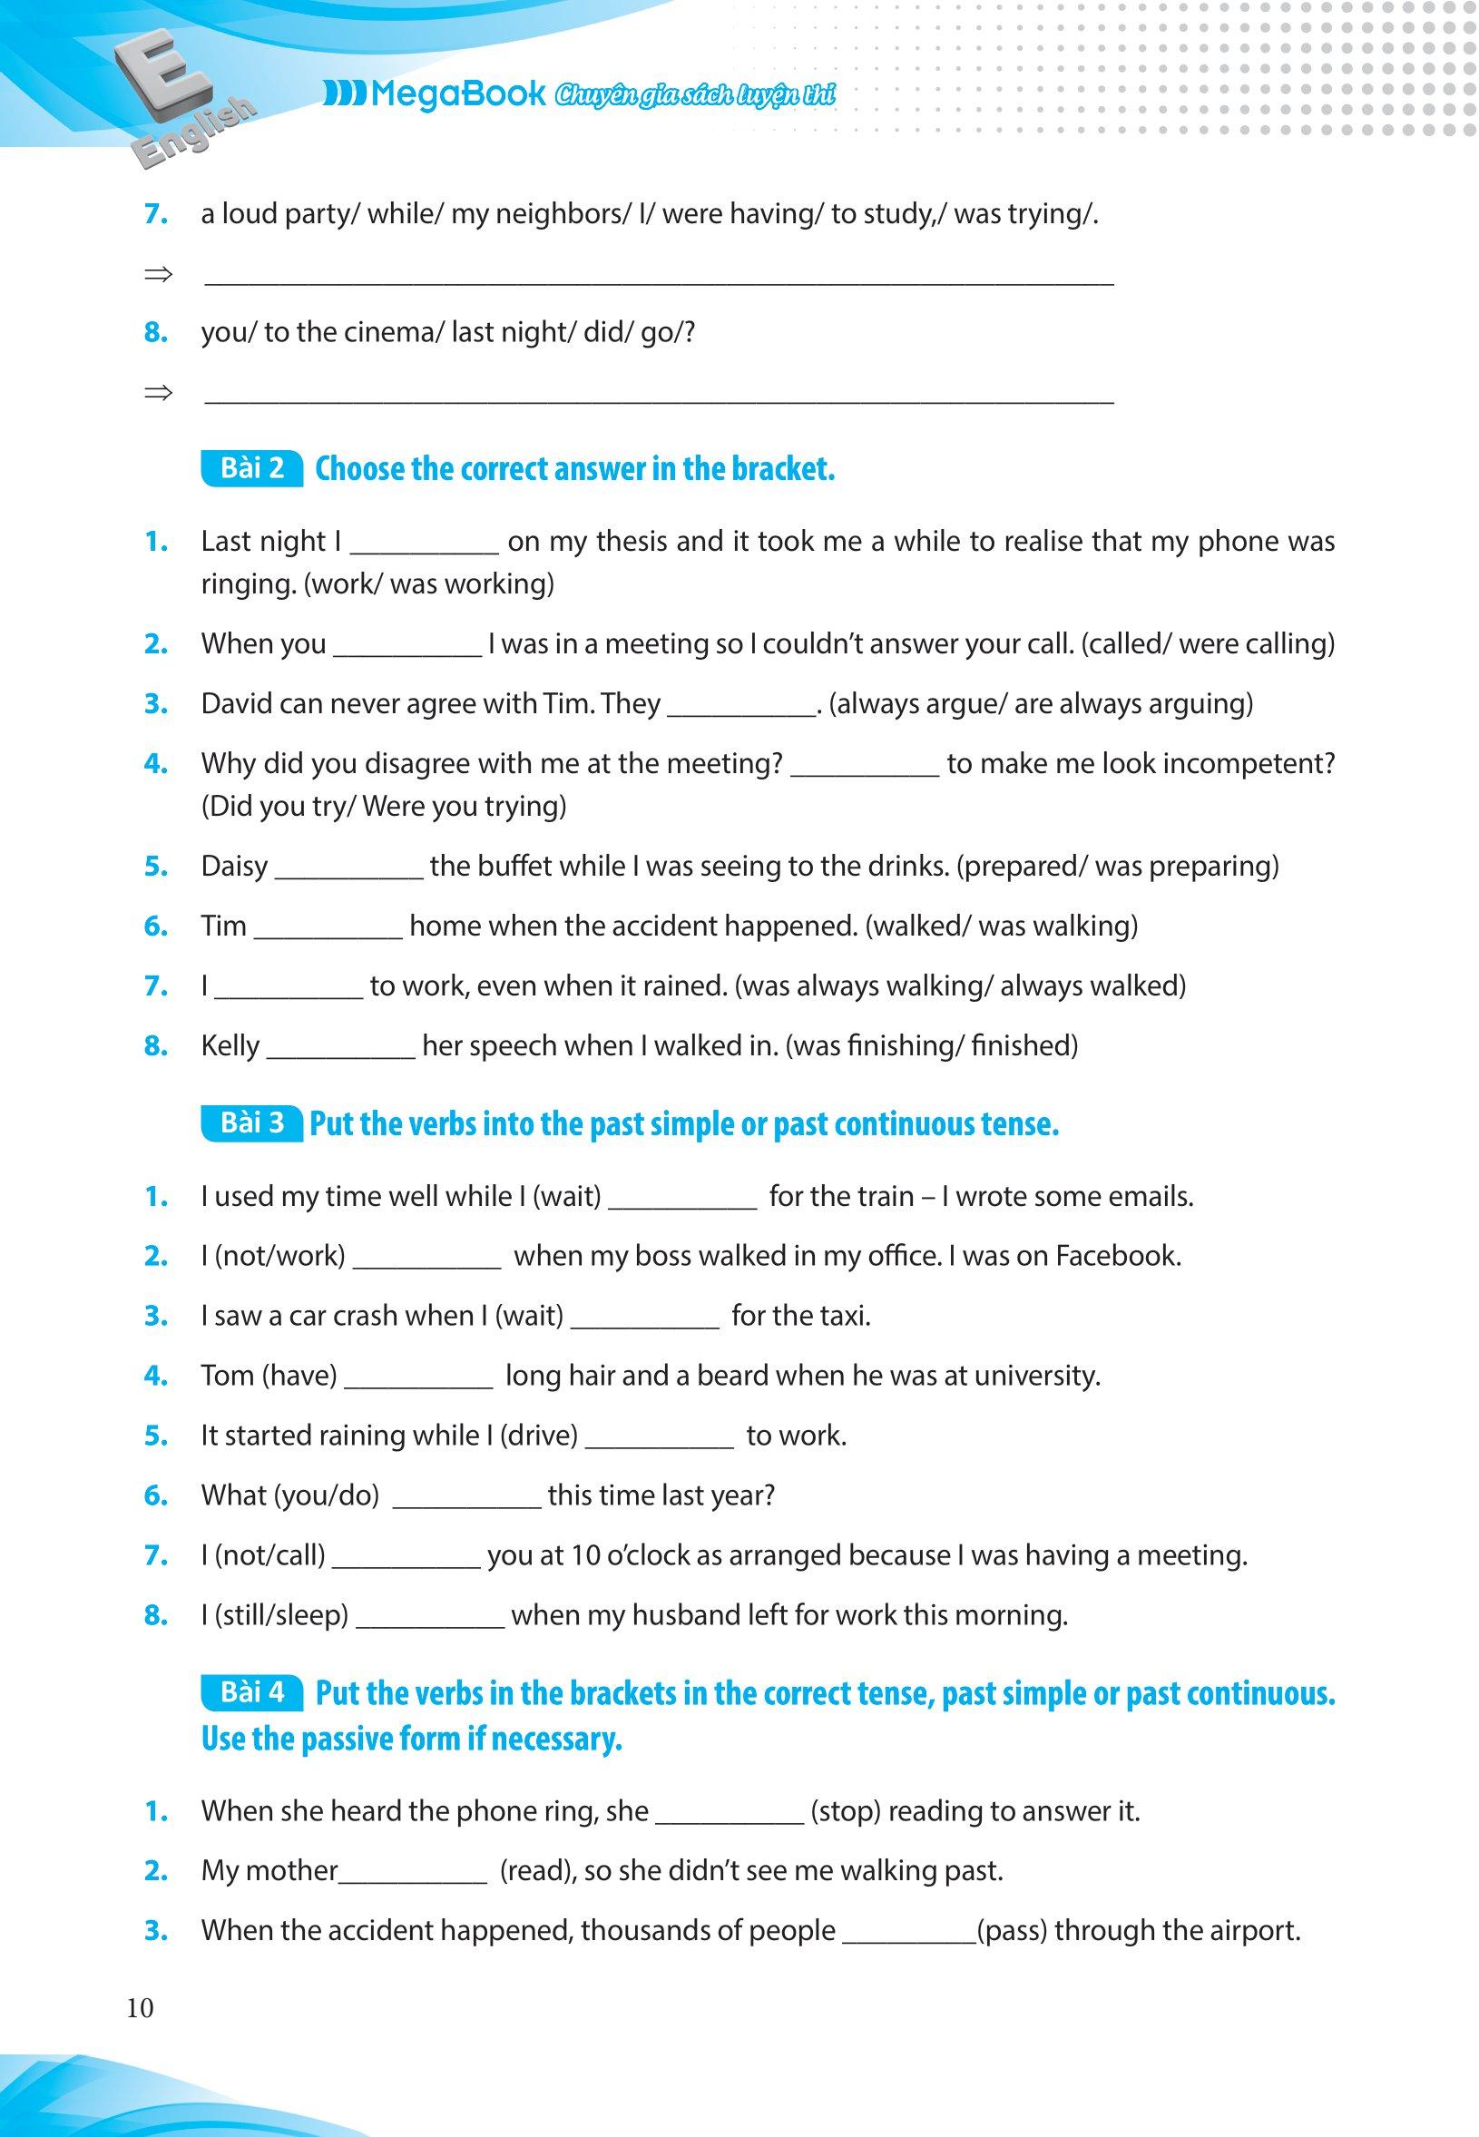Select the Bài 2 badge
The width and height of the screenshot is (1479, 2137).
pos(252,468)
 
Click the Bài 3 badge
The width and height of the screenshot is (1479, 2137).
pos(252,1123)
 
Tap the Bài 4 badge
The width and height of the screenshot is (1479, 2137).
pos(252,1692)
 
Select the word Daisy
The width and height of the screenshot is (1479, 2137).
pos(234,867)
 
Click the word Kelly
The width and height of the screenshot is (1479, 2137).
pos(230,1046)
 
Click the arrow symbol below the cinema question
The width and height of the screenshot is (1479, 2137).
pos(159,393)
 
